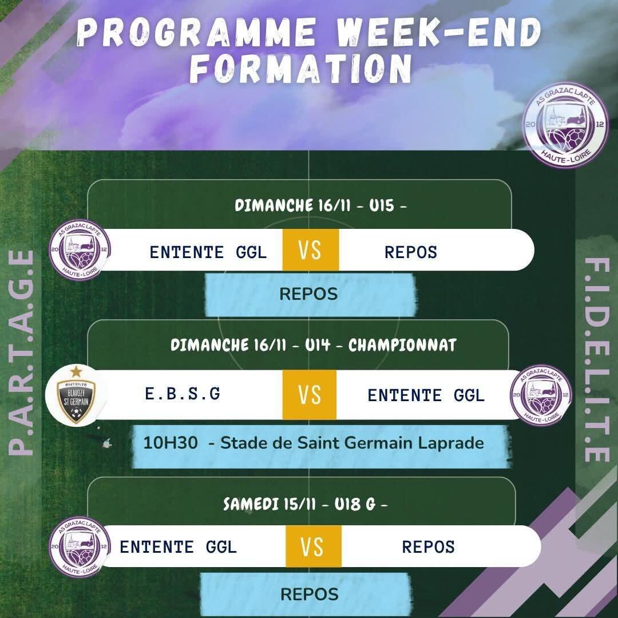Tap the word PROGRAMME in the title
coord(196,32)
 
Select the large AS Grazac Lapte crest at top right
coord(565,125)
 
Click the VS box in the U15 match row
coord(311,250)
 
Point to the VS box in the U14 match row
coord(310,394)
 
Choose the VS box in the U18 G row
coord(314,546)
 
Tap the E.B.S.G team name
coord(183,394)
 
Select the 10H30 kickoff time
coord(171,443)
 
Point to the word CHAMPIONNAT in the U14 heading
coord(402,345)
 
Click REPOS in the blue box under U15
coord(308,294)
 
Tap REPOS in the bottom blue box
coord(310,595)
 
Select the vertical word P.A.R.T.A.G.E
coord(21,352)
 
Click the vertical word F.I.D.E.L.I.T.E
coord(597,360)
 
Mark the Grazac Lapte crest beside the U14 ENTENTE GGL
coord(541,394)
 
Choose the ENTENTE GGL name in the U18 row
coord(178,547)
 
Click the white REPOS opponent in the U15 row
coord(411,252)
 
